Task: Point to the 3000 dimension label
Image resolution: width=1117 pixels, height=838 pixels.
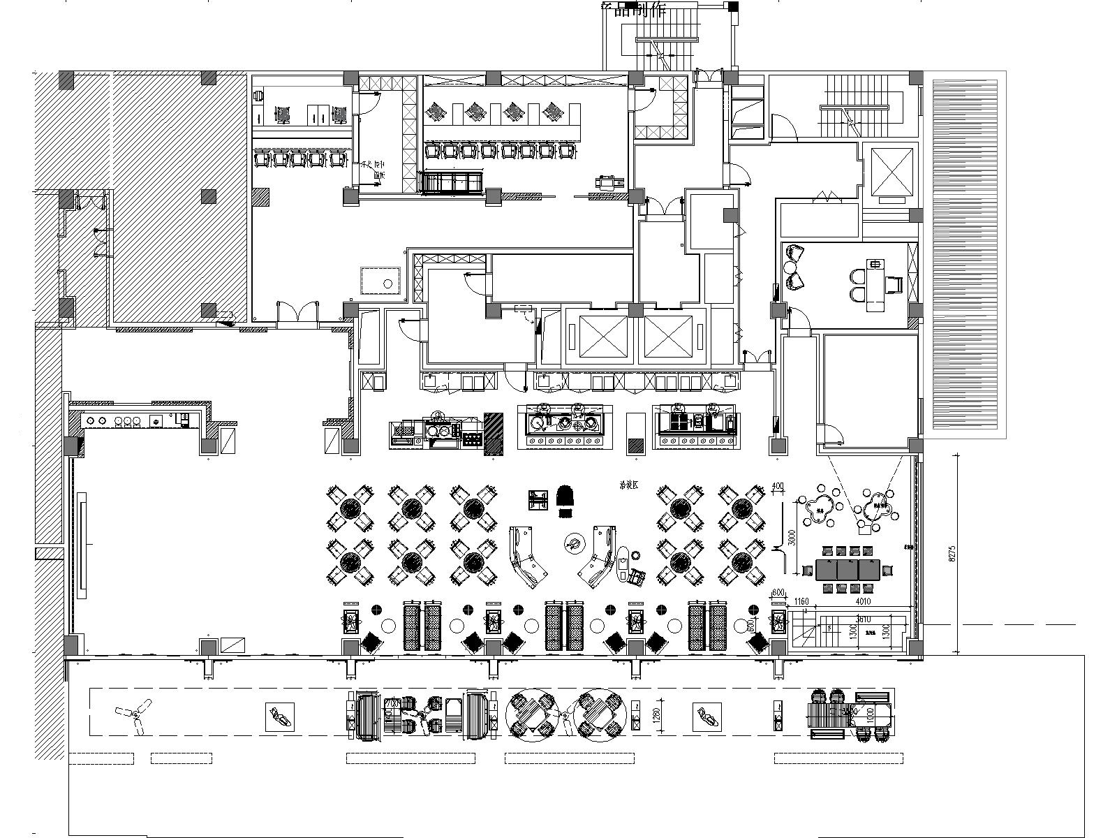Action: (791, 536)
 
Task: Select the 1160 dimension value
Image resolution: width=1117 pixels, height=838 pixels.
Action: (801, 601)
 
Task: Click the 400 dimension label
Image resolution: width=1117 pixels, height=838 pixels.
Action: (778, 487)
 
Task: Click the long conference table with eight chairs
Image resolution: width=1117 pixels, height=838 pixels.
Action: (848, 569)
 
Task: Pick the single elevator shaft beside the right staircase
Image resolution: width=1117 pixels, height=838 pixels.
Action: (888, 172)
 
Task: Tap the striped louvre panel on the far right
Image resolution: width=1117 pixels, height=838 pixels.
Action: (965, 255)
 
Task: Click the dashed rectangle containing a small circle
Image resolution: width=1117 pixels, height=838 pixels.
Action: (380, 282)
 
